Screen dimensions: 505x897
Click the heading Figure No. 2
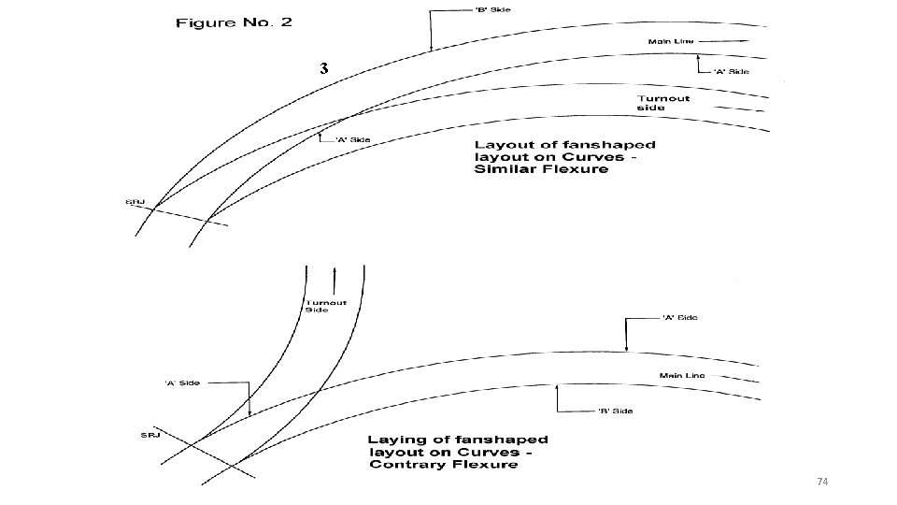[234, 22]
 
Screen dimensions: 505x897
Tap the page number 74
[822, 482]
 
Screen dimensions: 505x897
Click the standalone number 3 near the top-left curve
[323, 68]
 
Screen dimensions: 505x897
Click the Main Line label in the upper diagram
[669, 41]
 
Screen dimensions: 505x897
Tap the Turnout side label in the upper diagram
[663, 103]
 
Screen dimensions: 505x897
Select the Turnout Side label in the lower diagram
[325, 306]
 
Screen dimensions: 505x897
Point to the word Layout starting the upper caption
[502, 145]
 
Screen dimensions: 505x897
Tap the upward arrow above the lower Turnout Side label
[335, 279]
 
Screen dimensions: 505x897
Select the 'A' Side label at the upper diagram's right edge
[731, 71]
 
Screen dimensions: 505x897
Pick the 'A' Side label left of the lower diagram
[183, 382]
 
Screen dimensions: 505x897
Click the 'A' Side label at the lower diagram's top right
[679, 318]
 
